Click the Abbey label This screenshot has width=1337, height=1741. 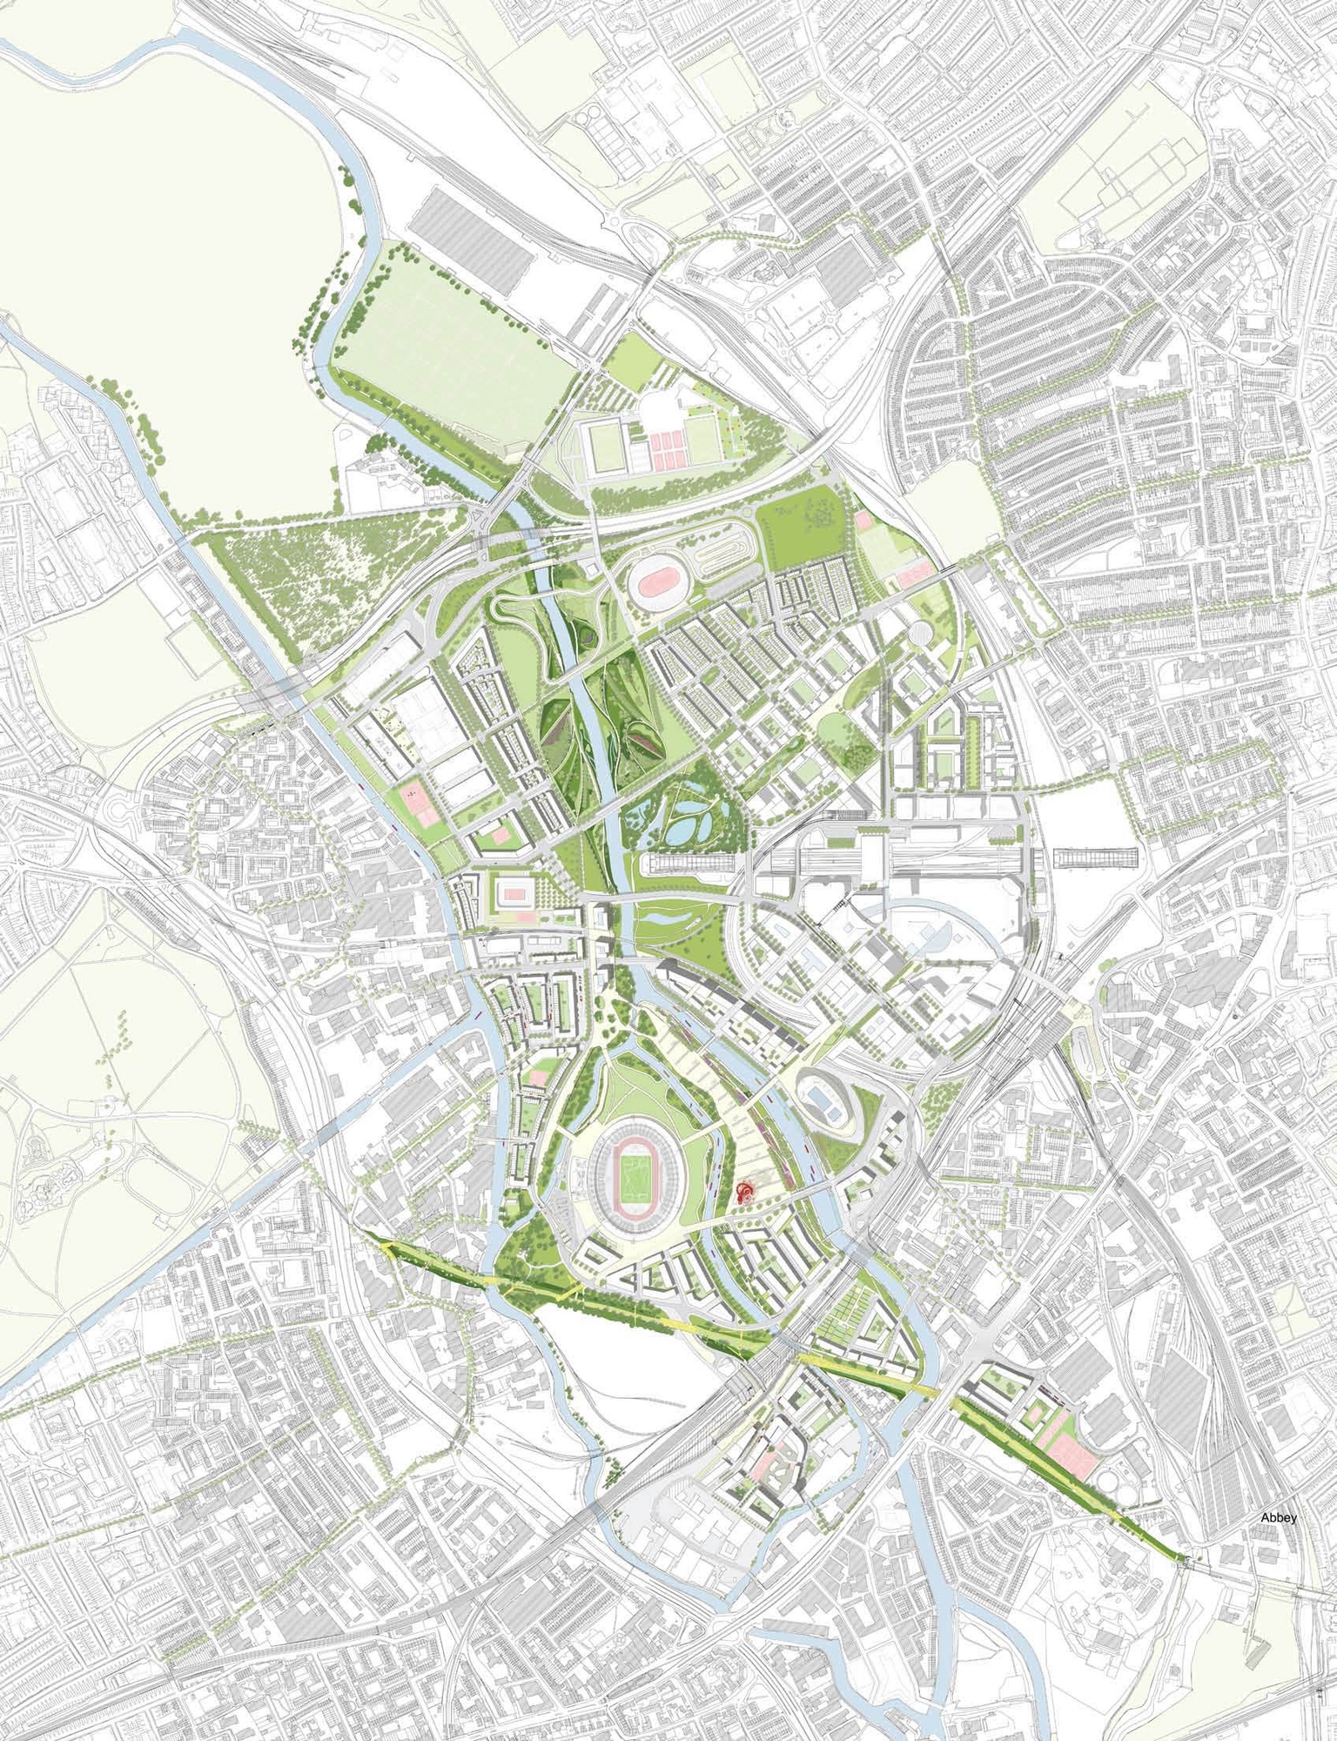(1279, 1469)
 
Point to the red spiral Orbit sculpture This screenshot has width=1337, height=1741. (746, 1192)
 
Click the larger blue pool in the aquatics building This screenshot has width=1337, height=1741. (820, 1102)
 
